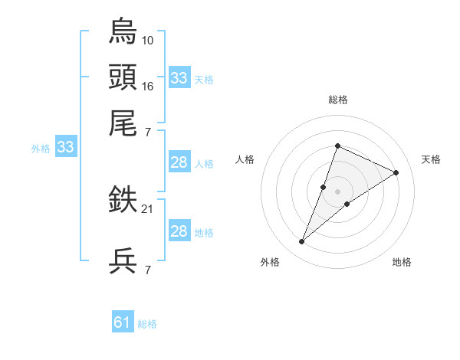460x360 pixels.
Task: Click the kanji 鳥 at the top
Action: click(123, 31)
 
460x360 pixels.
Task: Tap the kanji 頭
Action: click(123, 78)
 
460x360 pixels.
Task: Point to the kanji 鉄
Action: click(123, 201)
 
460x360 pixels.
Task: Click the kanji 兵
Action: click(123, 261)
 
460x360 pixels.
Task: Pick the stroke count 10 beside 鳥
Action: click(148, 40)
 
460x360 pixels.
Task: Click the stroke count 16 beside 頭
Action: click(148, 87)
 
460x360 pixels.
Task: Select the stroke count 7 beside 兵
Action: click(148, 270)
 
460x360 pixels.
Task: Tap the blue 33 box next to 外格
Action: click(64, 148)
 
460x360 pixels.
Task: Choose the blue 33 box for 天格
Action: click(179, 78)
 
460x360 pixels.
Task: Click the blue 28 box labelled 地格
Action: click(179, 231)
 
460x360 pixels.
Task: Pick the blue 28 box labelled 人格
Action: click(179, 162)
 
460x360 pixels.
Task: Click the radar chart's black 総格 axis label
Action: click(337, 100)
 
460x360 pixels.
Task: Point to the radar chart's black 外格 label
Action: click(270, 262)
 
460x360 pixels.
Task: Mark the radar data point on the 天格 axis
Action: click(396, 172)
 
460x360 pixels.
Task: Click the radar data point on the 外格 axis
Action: click(302, 242)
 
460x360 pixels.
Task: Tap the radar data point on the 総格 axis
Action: click(337, 146)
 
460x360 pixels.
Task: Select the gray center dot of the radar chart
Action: click(337, 191)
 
